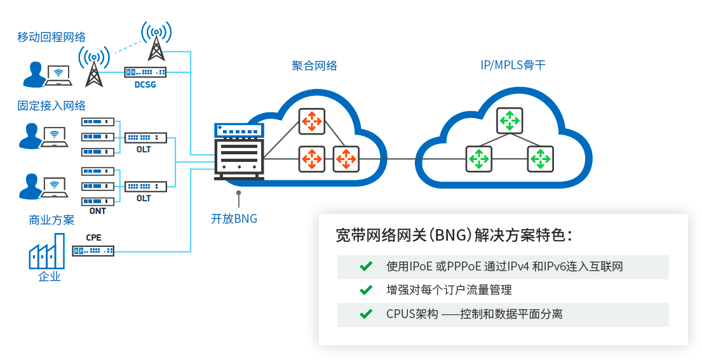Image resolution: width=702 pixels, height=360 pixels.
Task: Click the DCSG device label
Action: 145,84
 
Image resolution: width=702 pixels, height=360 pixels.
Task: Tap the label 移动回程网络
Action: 51,37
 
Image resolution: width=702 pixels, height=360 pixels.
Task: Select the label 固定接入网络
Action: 51,105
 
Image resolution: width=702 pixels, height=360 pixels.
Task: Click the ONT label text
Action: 98,211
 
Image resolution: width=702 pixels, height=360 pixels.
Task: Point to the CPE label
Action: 93,238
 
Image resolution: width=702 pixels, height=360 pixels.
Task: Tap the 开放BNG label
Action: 234,218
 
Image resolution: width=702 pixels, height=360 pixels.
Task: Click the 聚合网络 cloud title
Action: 314,66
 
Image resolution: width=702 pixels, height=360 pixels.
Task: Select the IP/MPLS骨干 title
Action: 513,65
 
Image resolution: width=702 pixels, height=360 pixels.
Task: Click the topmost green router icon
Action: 510,121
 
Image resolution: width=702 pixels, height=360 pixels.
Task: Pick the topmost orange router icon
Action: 312,121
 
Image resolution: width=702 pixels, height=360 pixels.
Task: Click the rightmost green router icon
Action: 541,159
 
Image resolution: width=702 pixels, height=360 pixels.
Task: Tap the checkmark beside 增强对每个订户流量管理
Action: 366,290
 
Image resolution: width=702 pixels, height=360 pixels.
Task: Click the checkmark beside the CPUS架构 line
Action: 366,314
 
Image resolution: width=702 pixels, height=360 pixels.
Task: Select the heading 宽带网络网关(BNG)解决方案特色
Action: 454,235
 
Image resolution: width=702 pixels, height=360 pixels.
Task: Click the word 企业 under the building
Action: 50,277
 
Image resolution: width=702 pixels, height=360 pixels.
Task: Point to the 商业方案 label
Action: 51,220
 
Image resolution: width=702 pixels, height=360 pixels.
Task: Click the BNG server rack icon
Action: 239,152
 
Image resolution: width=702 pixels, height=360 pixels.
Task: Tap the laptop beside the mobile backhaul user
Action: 58,76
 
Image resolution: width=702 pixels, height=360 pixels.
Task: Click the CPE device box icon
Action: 93,251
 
